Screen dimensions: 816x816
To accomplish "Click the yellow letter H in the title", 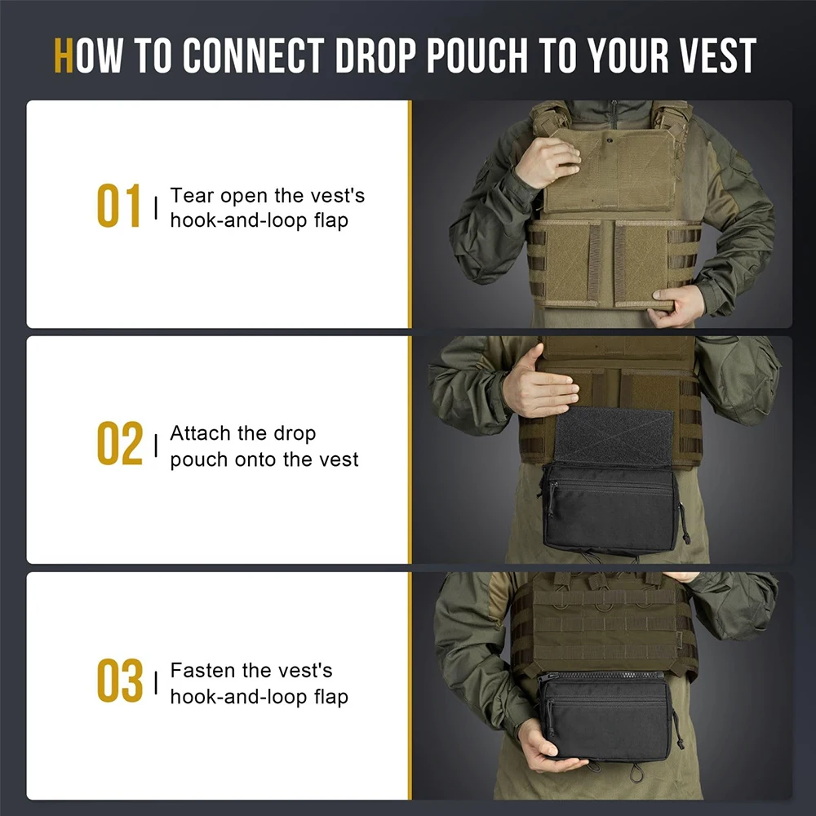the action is [x=63, y=55].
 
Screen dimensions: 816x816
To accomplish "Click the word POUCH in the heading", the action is [x=477, y=55].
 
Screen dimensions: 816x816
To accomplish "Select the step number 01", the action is [x=118, y=206].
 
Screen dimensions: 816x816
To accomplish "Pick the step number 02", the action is [x=119, y=443].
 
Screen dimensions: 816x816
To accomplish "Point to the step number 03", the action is [x=119, y=681].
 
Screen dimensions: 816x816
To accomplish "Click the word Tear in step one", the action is [x=192, y=196].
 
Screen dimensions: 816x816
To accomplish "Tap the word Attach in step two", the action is [x=200, y=433].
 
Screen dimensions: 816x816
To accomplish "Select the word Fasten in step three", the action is [x=202, y=670].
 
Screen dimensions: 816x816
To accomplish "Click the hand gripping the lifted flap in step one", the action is [x=548, y=162].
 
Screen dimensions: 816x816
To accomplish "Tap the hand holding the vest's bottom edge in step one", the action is [x=676, y=306].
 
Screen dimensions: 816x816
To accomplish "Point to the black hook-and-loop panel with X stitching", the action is [x=614, y=436].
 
